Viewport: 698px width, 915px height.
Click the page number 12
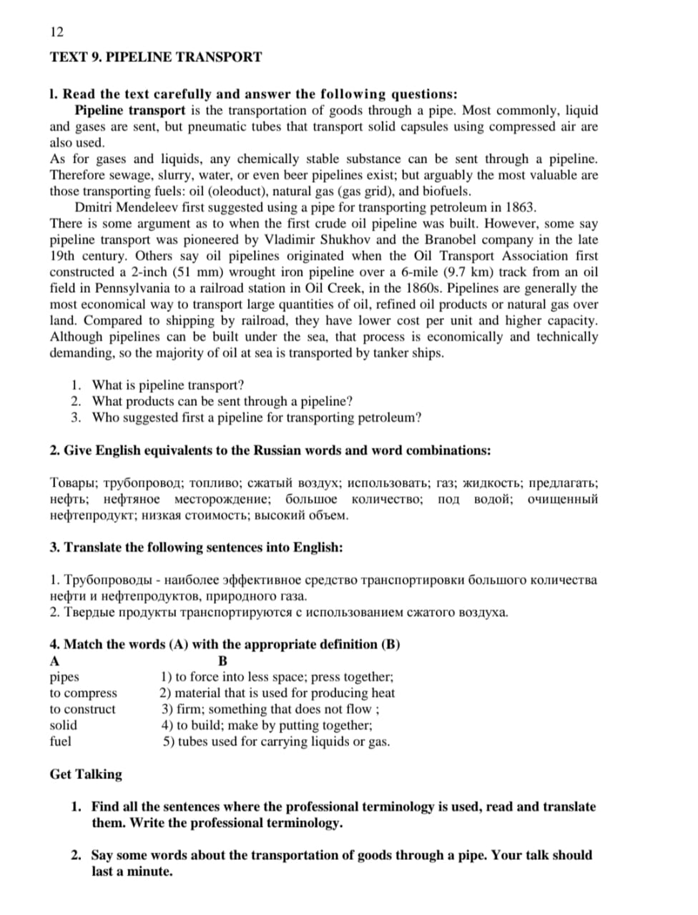57,31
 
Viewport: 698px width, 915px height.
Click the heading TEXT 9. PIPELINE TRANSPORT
156,57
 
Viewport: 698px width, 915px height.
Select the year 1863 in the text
519,207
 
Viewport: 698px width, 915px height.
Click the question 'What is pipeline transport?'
168,385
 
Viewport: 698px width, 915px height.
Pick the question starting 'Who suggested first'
257,417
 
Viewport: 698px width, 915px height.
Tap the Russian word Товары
74,483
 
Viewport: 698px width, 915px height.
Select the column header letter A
55,661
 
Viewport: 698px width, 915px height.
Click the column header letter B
222,661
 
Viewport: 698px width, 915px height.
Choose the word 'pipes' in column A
64,677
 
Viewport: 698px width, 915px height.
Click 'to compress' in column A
83,693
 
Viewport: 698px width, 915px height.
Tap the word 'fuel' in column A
61,741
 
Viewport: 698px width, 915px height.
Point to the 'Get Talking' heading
86,774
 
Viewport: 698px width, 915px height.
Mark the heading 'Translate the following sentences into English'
197,548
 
